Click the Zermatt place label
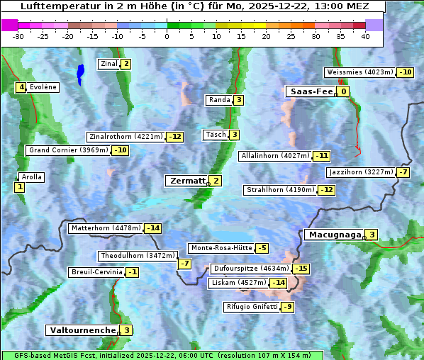tap(186, 181)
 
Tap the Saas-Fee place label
tap(310, 91)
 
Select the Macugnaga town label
tap(333, 235)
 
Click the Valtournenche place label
tap(82, 330)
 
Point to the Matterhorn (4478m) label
tap(105, 228)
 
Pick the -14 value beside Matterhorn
tap(152, 228)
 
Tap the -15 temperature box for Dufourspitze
tap(301, 269)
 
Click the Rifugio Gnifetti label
tap(251, 307)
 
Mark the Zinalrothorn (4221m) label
tap(125, 137)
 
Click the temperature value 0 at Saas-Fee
tap(343, 91)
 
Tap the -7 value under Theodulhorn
tap(184, 264)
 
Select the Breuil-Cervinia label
tap(96, 272)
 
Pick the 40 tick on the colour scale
tap(365, 36)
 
